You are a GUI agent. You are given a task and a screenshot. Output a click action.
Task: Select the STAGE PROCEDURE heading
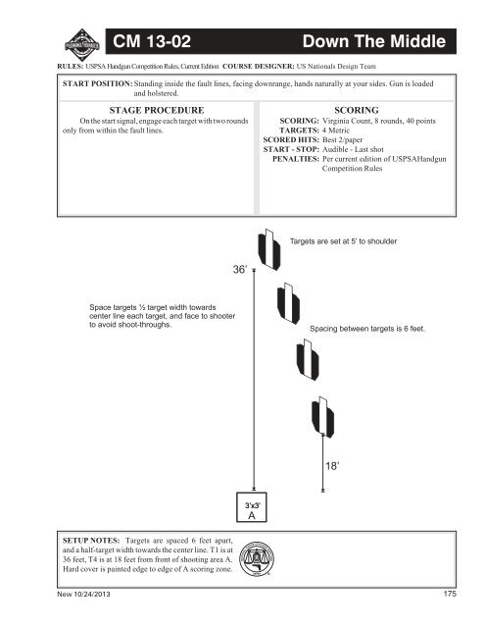158,112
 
